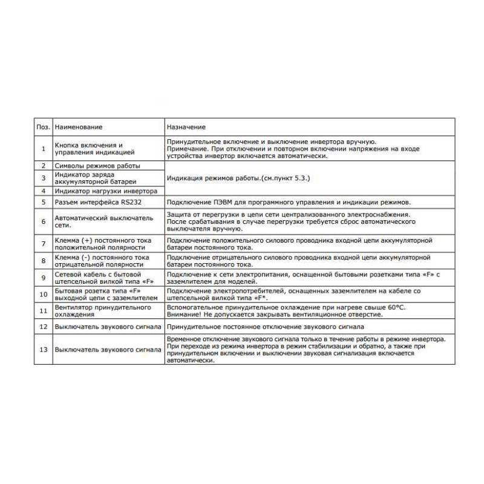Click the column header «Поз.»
pos(42,128)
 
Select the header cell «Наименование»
pos(78,128)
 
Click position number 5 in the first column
pos(43,202)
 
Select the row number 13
pos(43,350)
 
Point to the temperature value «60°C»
pos(396,308)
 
